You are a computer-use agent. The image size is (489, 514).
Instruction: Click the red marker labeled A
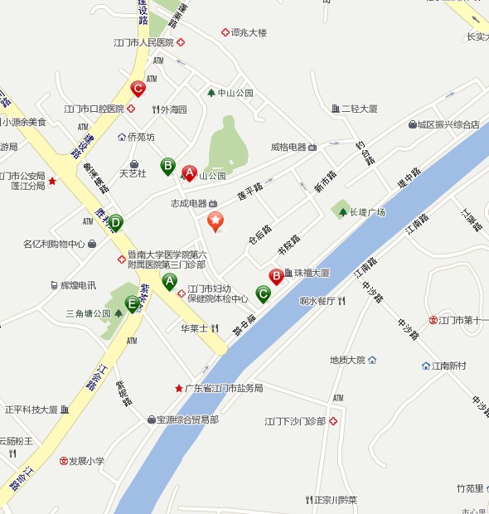[x=189, y=172]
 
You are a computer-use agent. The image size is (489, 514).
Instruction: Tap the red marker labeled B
[x=276, y=275]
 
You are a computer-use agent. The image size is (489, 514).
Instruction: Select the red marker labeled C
[x=138, y=87]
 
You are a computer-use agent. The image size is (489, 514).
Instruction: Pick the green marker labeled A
[x=170, y=282]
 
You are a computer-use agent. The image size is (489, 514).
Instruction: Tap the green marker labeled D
[x=115, y=222]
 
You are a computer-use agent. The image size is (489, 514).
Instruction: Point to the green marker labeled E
[x=131, y=303]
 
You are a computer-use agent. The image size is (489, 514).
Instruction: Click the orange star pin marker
[x=215, y=221]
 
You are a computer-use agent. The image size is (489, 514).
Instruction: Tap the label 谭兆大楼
[x=249, y=32]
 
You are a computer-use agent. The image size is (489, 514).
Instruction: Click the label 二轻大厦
[x=360, y=109]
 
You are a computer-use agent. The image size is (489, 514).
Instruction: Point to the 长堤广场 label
[x=367, y=212]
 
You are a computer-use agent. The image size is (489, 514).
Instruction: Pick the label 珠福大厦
[x=312, y=273]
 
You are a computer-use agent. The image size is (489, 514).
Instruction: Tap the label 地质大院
[x=347, y=360]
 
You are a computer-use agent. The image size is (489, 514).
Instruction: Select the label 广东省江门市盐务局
[x=223, y=388]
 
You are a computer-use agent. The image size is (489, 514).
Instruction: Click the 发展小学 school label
[x=86, y=461]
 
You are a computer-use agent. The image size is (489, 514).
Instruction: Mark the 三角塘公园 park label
[x=88, y=313]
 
